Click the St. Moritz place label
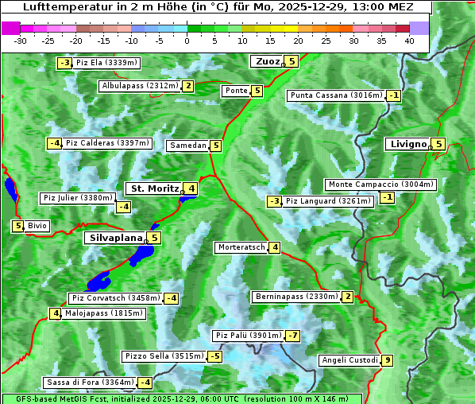pyautogui.click(x=154, y=188)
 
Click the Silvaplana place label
pyautogui.click(x=115, y=237)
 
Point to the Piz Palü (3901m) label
pyautogui.click(x=248, y=336)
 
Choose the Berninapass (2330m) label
pyautogui.click(x=297, y=297)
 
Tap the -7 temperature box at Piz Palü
pyautogui.click(x=293, y=336)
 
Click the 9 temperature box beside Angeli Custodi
pyautogui.click(x=387, y=360)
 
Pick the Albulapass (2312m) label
pyautogui.click(x=140, y=86)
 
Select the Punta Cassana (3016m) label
pyautogui.click(x=336, y=95)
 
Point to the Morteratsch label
pyautogui.click(x=241, y=247)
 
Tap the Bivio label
pyautogui.click(x=37, y=226)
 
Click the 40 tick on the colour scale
pyautogui.click(x=408, y=40)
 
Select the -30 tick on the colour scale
pyautogui.click(x=21, y=40)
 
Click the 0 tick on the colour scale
pyautogui.click(x=187, y=40)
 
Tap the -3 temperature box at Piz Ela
pyautogui.click(x=64, y=63)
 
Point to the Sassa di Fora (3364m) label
pyautogui.click(x=90, y=383)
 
